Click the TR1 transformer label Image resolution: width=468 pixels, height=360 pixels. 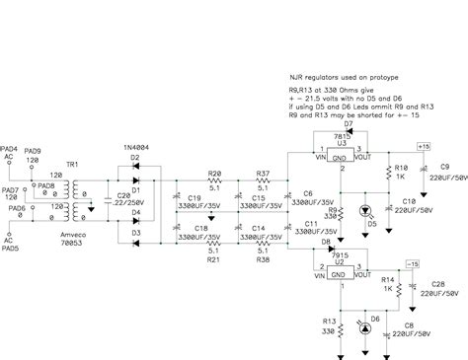[71, 163]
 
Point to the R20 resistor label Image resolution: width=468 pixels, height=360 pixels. [213, 174]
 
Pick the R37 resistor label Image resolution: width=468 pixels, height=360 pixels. [263, 174]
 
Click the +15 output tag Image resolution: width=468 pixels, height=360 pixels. [424, 146]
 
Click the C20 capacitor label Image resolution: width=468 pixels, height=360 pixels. [121, 196]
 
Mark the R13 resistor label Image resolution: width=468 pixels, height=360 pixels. [329, 321]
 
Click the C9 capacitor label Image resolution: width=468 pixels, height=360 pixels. [444, 166]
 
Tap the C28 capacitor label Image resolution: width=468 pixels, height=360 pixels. [435, 283]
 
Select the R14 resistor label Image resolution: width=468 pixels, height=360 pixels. [388, 279]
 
